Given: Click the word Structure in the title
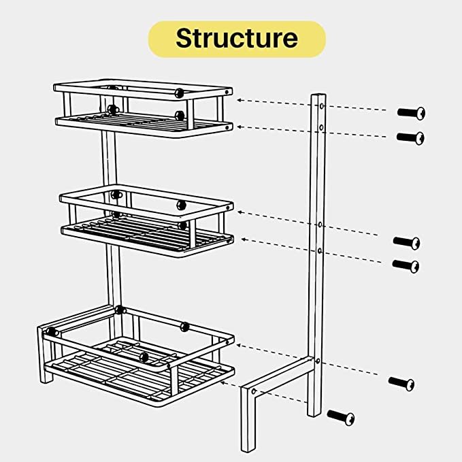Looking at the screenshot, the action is pos(237,38).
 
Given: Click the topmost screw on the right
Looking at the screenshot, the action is pos(411,113).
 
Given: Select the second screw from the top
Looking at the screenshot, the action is pos(410,138).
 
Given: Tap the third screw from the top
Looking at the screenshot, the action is pos(406,243).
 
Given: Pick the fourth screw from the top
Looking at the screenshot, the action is pos(406,266).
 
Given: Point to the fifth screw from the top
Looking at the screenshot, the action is pos(401,384).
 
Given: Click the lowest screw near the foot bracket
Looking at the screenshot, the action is pos(341,417).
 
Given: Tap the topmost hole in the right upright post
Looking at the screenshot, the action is pos(322,105).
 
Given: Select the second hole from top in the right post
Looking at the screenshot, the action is pos(321,128).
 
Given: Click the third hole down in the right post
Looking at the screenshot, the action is pos(320,225).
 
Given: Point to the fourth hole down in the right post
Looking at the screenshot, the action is pos(320,251).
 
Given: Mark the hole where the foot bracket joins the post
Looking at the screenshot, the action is pos(318,361).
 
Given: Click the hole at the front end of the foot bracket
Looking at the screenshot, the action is pos(253,392).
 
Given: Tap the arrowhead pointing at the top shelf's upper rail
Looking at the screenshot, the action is pos(240,100).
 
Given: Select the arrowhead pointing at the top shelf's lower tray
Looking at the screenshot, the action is pos(240,127).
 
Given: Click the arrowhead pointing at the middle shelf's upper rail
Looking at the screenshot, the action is pos(240,212).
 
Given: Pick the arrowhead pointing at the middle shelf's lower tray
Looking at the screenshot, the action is pos(244,240).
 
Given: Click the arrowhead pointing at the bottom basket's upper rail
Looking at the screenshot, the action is pos(240,345).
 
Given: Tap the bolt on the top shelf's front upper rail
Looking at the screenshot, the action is pos(179,93).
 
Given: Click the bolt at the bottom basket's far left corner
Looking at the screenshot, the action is pos(52,332).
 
